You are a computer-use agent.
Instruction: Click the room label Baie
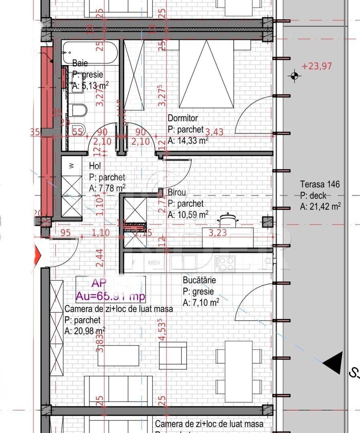click(80, 63)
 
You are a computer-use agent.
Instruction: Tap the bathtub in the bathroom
click(90, 52)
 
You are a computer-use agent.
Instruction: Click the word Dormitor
click(183, 118)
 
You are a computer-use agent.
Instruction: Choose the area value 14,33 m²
click(188, 140)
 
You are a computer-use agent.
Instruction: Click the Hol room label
click(95, 166)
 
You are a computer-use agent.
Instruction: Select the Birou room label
click(177, 192)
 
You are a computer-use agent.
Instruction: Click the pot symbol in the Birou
click(228, 219)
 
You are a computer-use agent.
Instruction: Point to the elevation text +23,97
click(317, 66)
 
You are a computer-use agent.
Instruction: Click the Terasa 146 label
click(320, 184)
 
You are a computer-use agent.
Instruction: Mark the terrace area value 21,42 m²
click(320, 206)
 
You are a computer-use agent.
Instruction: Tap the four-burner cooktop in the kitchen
click(224, 263)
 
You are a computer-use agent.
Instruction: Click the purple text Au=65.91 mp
click(111, 296)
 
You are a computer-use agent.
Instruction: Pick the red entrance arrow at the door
click(39, 254)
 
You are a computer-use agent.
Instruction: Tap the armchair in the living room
click(173, 355)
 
